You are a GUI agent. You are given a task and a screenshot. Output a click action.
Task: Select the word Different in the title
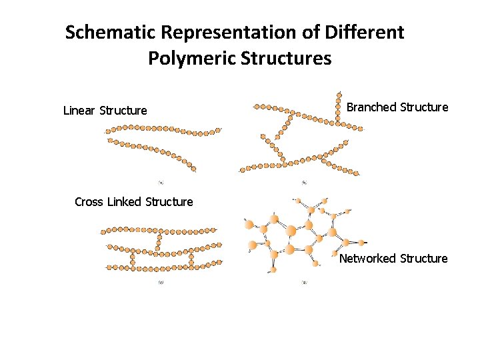(371, 32)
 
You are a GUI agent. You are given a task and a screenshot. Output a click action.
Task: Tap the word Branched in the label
(372, 107)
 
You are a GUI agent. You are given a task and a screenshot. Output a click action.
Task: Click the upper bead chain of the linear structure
(163, 129)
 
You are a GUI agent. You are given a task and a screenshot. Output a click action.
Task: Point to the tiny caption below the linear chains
(161, 181)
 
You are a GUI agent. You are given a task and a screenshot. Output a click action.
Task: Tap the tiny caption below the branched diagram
(304, 182)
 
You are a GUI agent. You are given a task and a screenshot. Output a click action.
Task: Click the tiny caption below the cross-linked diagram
(161, 282)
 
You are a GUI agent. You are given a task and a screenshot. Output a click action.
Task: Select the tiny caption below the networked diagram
(304, 282)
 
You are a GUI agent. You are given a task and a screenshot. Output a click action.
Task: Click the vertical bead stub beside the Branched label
(338, 111)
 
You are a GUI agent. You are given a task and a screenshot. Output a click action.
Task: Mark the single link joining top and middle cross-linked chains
(158, 241)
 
